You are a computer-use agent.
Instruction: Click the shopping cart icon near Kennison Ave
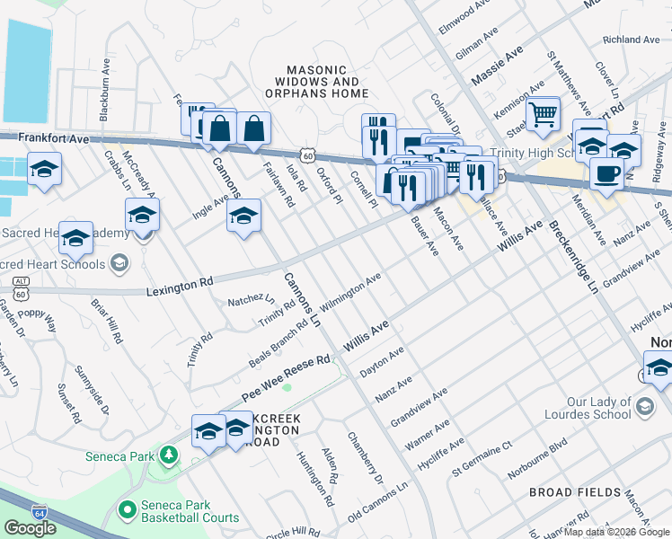click(543, 115)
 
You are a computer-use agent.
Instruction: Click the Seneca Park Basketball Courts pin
click(127, 510)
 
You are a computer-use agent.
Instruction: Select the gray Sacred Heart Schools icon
click(119, 263)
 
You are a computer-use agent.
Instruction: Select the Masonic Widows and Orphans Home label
click(327, 81)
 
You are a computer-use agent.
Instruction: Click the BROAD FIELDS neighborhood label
click(575, 492)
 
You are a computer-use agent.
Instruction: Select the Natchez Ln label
click(251, 300)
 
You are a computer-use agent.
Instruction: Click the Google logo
click(31, 528)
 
